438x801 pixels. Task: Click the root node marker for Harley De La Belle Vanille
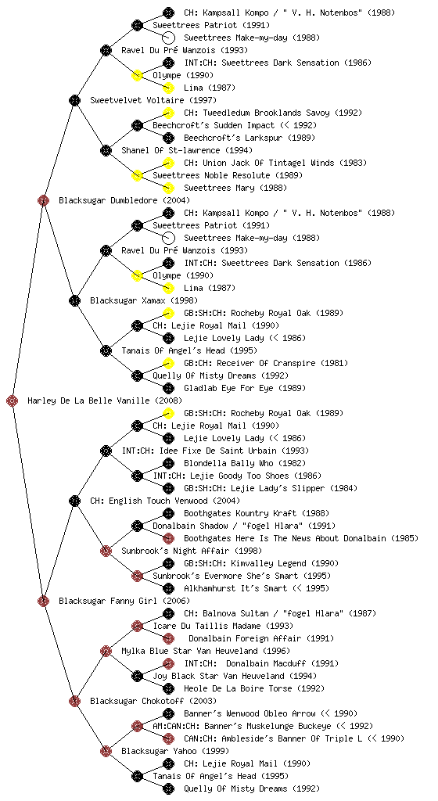click(13, 400)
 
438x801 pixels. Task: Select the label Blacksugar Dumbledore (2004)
click(124, 200)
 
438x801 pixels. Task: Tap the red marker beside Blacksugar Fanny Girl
click(43, 601)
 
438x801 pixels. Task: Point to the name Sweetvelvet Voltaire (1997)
click(153, 100)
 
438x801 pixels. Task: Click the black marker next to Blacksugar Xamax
click(74, 300)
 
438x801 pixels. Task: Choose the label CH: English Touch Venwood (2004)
click(165, 501)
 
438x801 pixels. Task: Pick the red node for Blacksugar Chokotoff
click(74, 701)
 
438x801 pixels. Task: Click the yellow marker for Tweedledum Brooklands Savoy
click(168, 113)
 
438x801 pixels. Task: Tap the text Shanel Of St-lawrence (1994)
click(187, 150)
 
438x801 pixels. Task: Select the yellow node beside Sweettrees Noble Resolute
click(137, 175)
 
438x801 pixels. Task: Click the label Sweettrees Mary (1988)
click(235, 188)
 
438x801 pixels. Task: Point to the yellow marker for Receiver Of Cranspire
click(168, 363)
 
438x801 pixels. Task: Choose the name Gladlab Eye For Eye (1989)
click(245, 388)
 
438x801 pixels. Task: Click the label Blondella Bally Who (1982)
click(245, 463)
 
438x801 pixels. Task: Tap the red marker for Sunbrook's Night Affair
click(106, 551)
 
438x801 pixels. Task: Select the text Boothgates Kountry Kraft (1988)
click(257, 513)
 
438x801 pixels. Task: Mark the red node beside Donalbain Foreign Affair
click(168, 638)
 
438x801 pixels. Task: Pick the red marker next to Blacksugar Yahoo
click(106, 751)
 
